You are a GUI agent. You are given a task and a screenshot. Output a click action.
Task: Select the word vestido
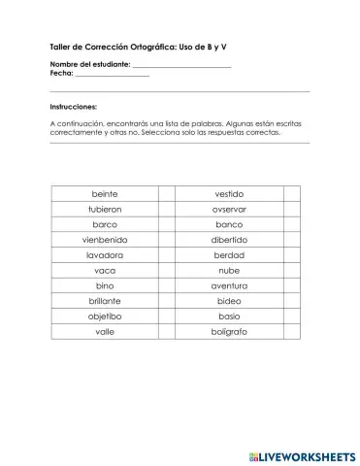(229, 193)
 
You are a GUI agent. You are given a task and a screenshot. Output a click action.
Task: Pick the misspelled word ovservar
(229, 209)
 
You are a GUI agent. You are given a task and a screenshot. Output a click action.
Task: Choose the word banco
(229, 224)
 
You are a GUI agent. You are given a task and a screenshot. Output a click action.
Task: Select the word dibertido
(229, 240)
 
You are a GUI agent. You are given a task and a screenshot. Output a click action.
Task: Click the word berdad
(229, 255)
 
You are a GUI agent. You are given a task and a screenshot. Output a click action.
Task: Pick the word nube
(229, 271)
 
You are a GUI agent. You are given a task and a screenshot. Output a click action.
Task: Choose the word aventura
(229, 286)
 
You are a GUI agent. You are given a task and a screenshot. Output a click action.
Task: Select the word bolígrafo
(229, 332)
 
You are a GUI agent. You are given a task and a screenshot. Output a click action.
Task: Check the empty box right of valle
(166, 332)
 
